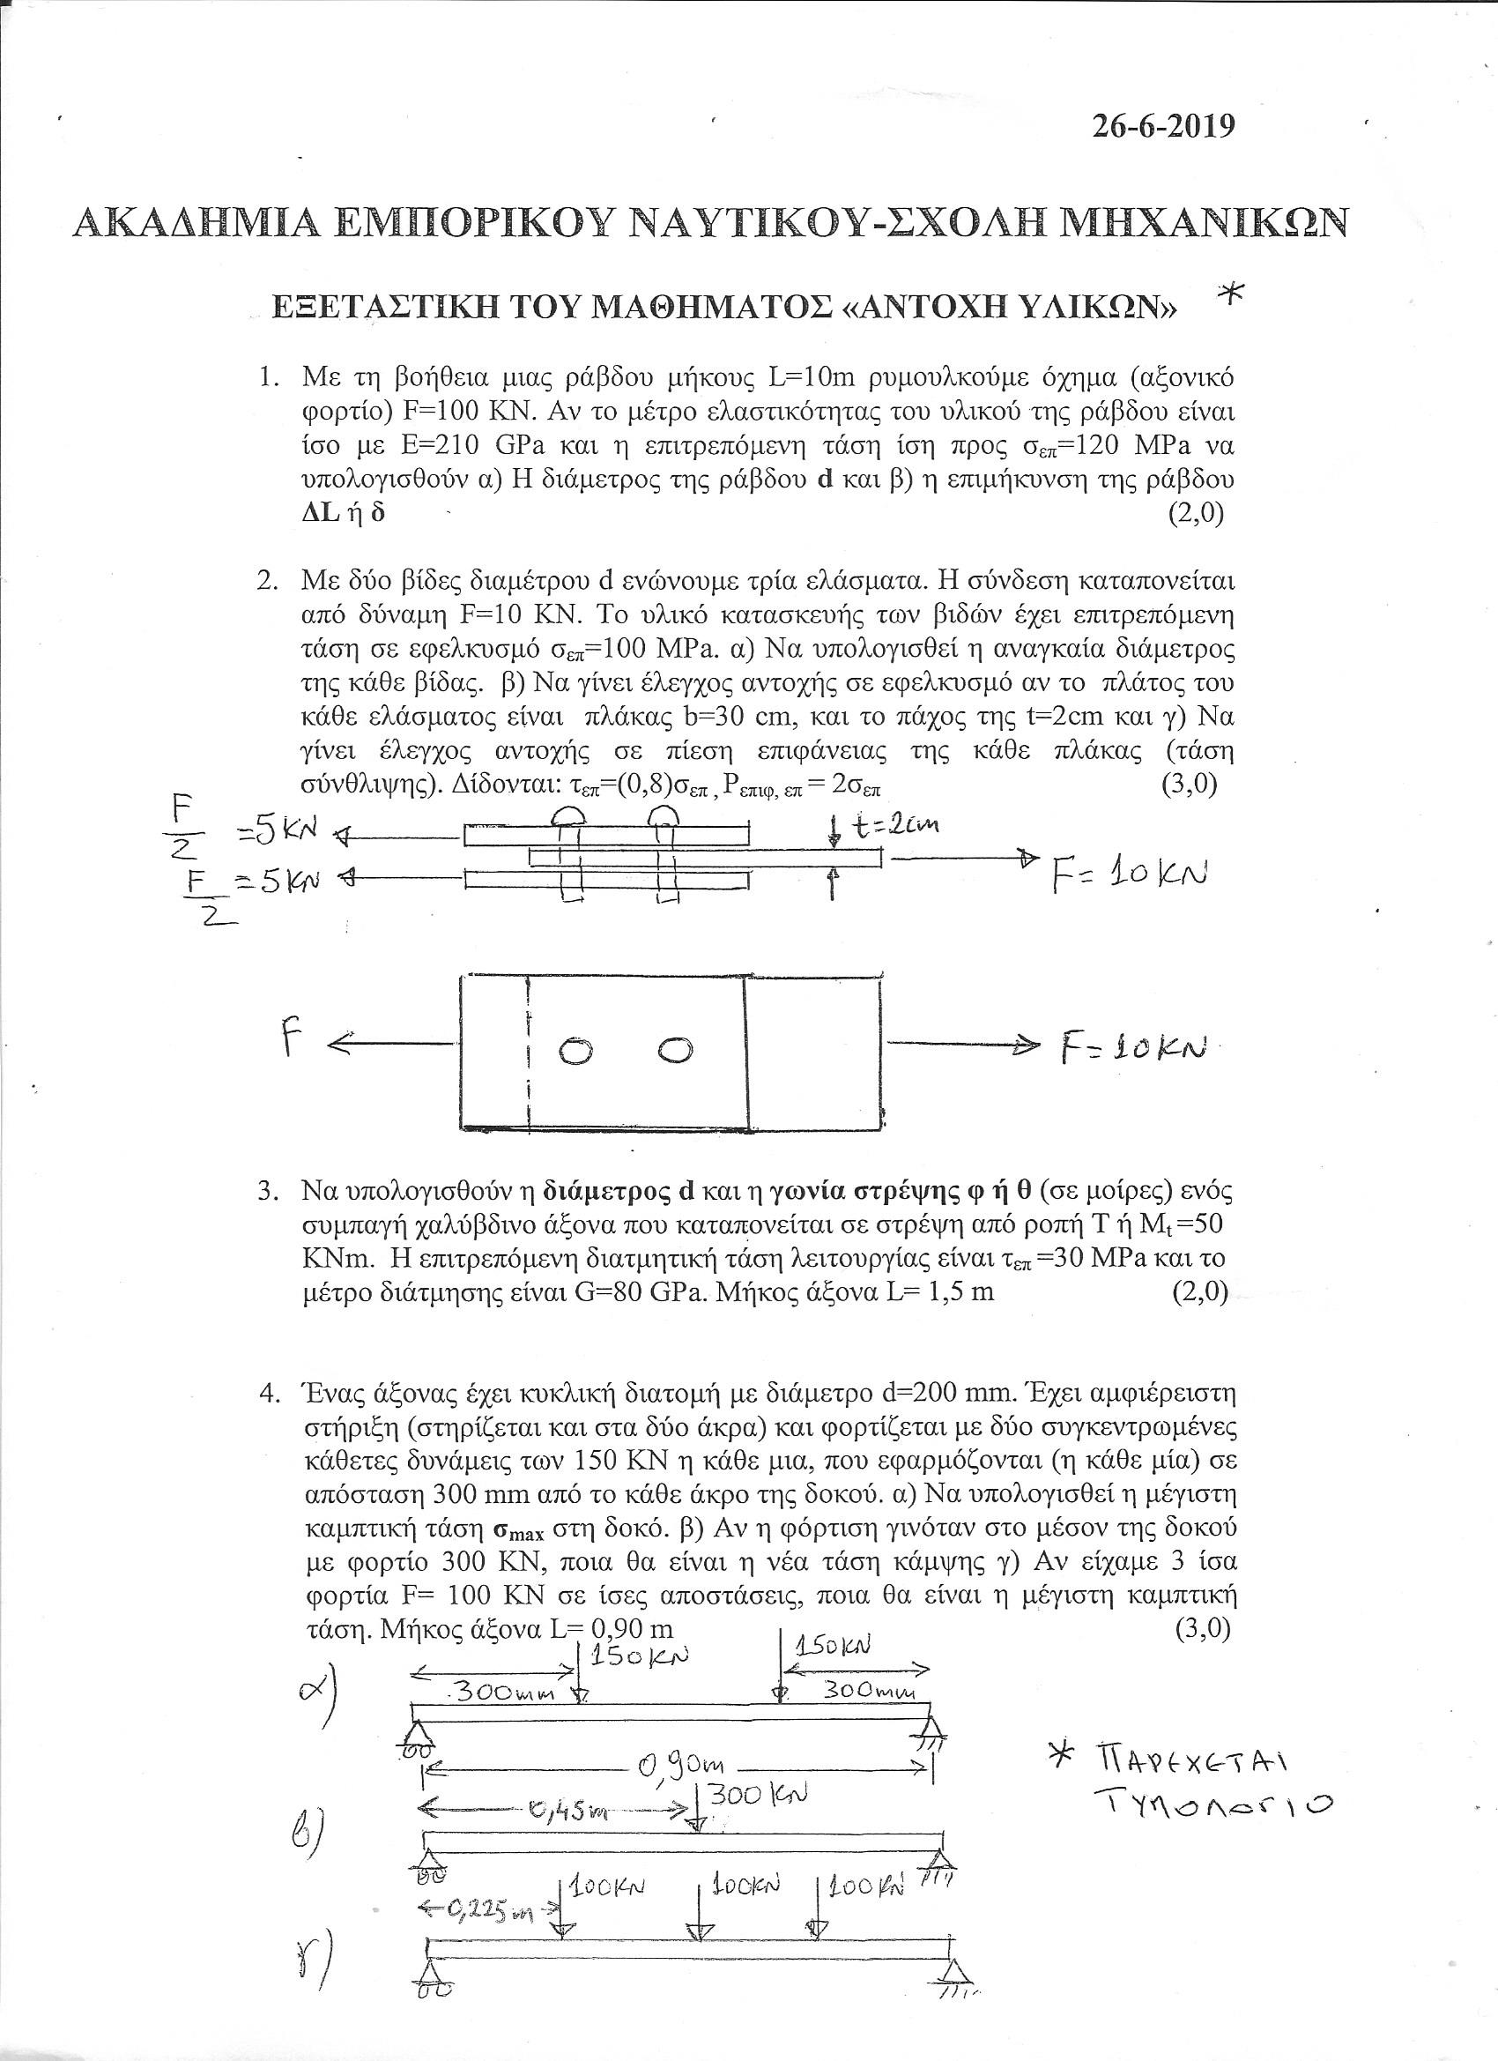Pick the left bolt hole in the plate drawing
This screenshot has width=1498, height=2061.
click(575, 1053)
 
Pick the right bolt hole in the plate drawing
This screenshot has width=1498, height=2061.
click(672, 1050)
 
